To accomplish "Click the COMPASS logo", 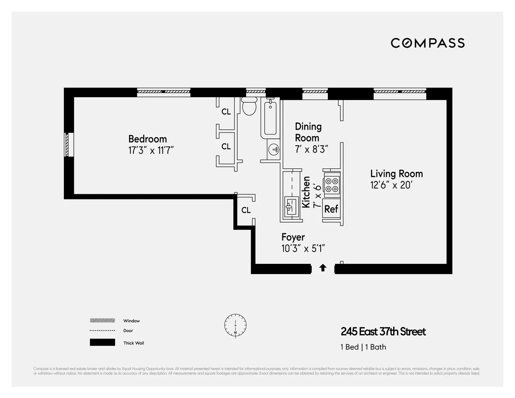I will coord(427,43).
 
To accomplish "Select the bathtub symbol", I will coord(270,118).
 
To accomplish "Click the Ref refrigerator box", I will coord(331,209).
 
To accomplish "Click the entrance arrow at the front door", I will coord(323,268).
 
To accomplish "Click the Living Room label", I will coord(396,174).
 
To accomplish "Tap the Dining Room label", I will coord(308,132).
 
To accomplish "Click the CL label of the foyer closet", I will coord(245,210).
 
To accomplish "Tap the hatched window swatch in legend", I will coord(102,321).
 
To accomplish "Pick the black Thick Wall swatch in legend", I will coord(102,343).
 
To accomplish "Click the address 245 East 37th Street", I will coord(383,332).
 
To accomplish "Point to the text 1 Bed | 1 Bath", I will coord(363,347).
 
